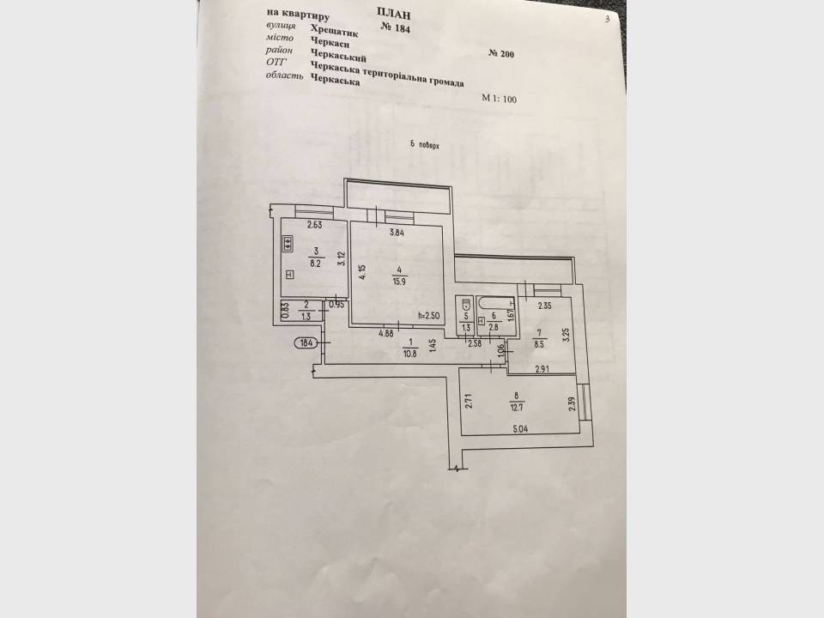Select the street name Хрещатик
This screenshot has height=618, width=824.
tap(334, 31)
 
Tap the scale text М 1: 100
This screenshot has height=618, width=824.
tap(499, 98)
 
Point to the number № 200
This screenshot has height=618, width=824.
tap(500, 53)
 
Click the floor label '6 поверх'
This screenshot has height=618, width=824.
tap(425, 146)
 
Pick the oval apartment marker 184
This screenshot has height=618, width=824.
tap(306, 343)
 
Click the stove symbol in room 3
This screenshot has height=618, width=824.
tap(288, 244)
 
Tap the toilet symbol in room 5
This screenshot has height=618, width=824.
tap(465, 304)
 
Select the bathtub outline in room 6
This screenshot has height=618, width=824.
tap(495, 303)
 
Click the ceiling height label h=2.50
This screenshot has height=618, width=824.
tap(428, 316)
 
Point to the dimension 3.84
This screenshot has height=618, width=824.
tap(397, 233)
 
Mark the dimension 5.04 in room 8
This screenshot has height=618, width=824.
tap(520, 429)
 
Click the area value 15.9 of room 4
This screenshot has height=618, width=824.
tap(399, 282)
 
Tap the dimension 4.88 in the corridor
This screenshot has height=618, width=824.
tap(386, 332)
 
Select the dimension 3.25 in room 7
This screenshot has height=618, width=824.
tap(566, 335)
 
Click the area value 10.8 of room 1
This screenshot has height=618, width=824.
tap(410, 354)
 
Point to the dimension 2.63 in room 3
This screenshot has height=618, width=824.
tap(314, 225)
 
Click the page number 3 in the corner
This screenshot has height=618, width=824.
tap(607, 20)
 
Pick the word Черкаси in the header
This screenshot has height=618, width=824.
tap(330, 43)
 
